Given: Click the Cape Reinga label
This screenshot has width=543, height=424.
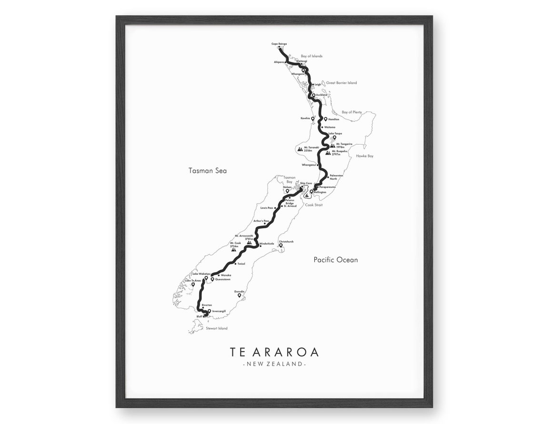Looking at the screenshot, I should coord(279,44).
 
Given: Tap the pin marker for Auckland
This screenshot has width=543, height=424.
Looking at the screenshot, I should coord(314,95).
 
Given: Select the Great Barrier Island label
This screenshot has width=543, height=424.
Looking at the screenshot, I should coord(341,83).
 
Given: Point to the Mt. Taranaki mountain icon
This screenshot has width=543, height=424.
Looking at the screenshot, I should coord(300,149).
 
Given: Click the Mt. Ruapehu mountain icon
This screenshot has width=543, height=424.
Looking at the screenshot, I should coord(328,153).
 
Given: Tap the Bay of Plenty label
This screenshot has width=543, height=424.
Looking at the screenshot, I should coord(352,112).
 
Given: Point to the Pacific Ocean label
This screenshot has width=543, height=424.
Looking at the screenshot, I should coord(335,260).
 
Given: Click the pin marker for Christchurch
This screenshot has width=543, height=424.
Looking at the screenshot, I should coord(281,246).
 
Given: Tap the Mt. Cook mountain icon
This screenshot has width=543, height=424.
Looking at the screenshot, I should coord(233,248).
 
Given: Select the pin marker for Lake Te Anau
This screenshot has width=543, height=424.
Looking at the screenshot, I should coord(193,284).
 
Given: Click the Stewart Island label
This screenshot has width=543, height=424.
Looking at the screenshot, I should coord(216,328).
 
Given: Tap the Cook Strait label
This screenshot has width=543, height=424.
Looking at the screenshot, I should coord(314,205).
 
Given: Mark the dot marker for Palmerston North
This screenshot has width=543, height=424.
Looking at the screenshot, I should coord(328,176).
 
